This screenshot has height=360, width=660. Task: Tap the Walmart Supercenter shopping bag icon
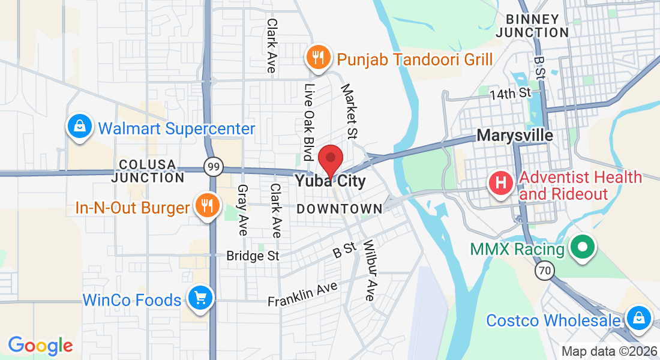[x=79, y=127]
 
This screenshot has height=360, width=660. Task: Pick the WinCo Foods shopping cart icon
[x=199, y=298]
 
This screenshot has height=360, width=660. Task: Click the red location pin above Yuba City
[x=330, y=159]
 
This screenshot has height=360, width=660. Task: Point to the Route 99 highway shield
[x=213, y=167]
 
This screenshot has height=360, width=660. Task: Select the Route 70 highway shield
[x=544, y=271]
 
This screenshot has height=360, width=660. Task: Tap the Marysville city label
[x=515, y=135]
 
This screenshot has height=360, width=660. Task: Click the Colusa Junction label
[x=148, y=171]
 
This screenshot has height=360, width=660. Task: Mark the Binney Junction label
[x=533, y=26]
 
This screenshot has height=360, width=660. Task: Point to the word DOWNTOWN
[x=340, y=209]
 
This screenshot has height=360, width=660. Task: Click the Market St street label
[x=349, y=110]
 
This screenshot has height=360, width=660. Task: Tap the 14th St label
[x=510, y=94]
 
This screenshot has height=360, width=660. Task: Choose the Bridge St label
[x=253, y=256]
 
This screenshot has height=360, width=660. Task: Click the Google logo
[x=40, y=346]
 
